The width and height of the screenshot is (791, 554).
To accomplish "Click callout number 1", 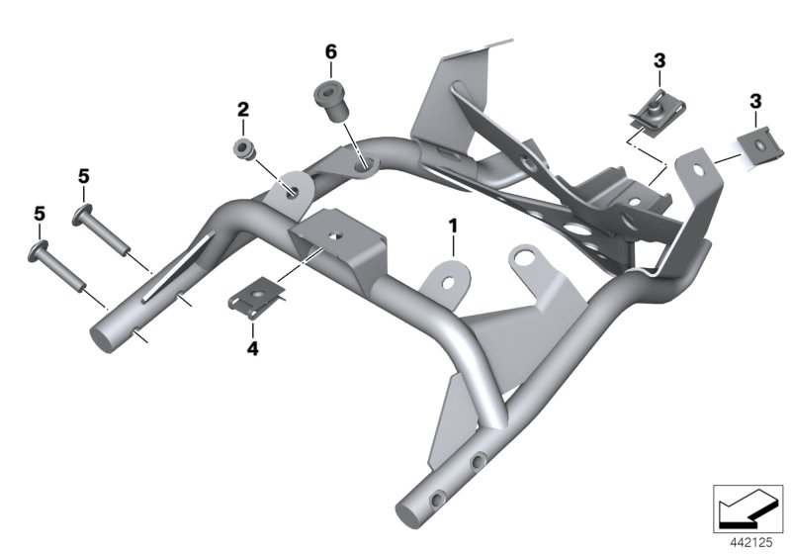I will tap(453, 227).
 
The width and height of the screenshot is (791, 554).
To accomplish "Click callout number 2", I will tap(241, 109).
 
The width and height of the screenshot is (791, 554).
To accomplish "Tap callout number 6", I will tap(331, 50).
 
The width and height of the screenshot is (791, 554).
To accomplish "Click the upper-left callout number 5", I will tap(83, 176).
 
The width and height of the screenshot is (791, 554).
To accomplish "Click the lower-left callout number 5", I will tap(40, 213).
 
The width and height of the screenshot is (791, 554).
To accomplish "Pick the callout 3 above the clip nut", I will tap(658, 62).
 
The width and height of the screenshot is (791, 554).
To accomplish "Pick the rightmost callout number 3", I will tap(755, 101).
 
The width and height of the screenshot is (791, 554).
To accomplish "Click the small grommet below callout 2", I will tap(243, 149).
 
